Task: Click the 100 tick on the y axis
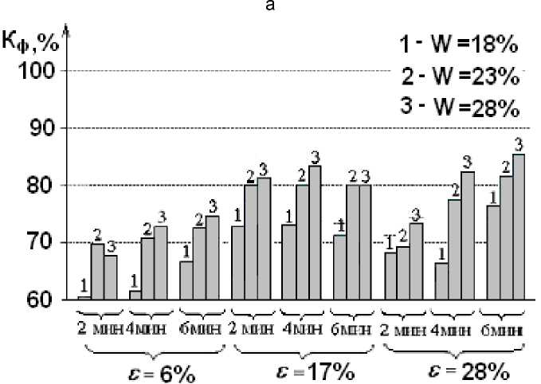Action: click(41, 71)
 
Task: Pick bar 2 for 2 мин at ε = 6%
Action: click(97, 272)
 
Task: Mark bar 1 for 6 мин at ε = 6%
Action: click(186, 280)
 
